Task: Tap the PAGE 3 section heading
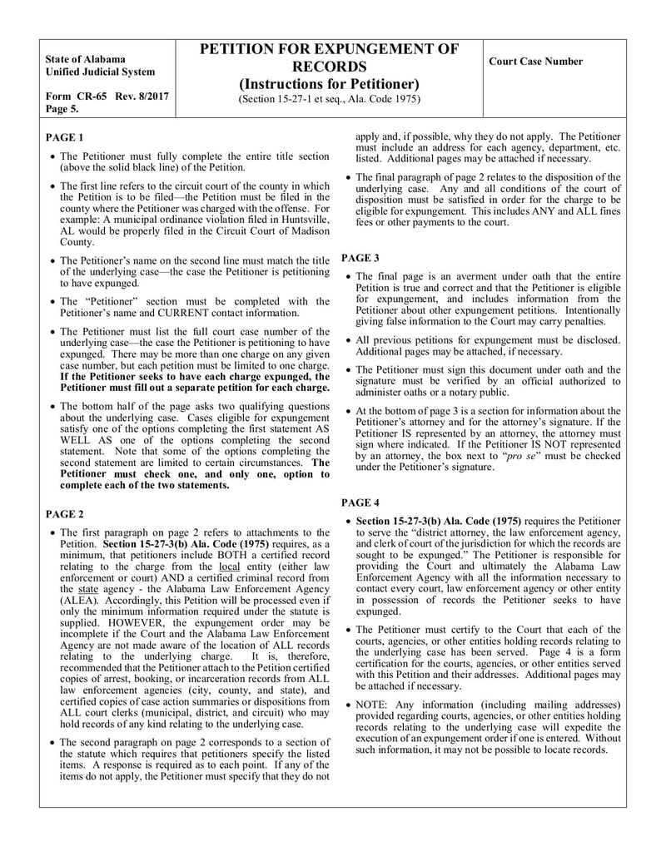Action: tap(360, 258)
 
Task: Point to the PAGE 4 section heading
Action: tap(360, 502)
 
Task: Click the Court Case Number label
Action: tap(535, 62)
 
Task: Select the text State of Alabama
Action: tap(86, 59)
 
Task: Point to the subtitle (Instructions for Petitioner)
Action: tap(329, 84)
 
